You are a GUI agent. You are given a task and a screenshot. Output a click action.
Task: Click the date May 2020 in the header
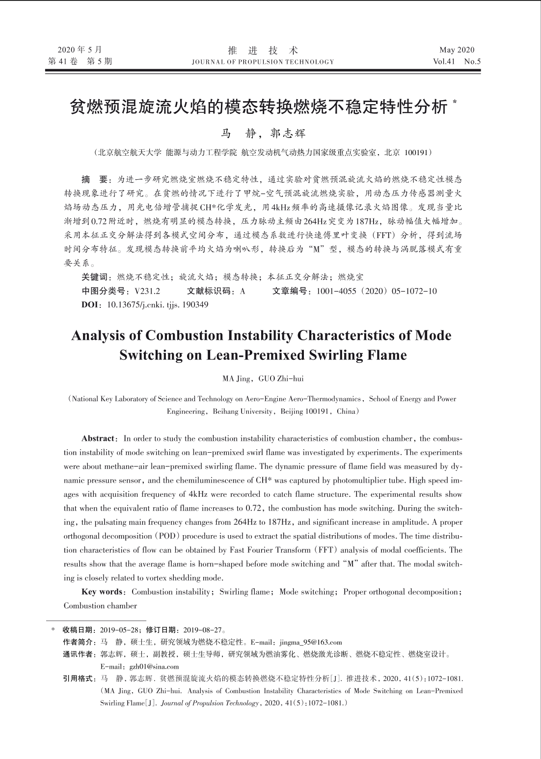coord(457,50)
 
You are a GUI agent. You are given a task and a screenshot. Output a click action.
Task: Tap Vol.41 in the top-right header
coord(445,62)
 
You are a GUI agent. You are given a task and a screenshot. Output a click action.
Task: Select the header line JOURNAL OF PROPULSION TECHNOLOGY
coord(263,62)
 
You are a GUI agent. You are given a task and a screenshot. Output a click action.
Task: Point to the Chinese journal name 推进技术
coord(263,50)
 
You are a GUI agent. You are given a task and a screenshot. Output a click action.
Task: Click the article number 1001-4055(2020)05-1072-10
coord(377,291)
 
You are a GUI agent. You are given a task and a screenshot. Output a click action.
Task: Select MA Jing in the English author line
coord(237,379)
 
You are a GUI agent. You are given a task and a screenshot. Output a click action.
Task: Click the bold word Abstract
coord(98,438)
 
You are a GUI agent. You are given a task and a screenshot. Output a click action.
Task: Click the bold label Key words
coord(102,592)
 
